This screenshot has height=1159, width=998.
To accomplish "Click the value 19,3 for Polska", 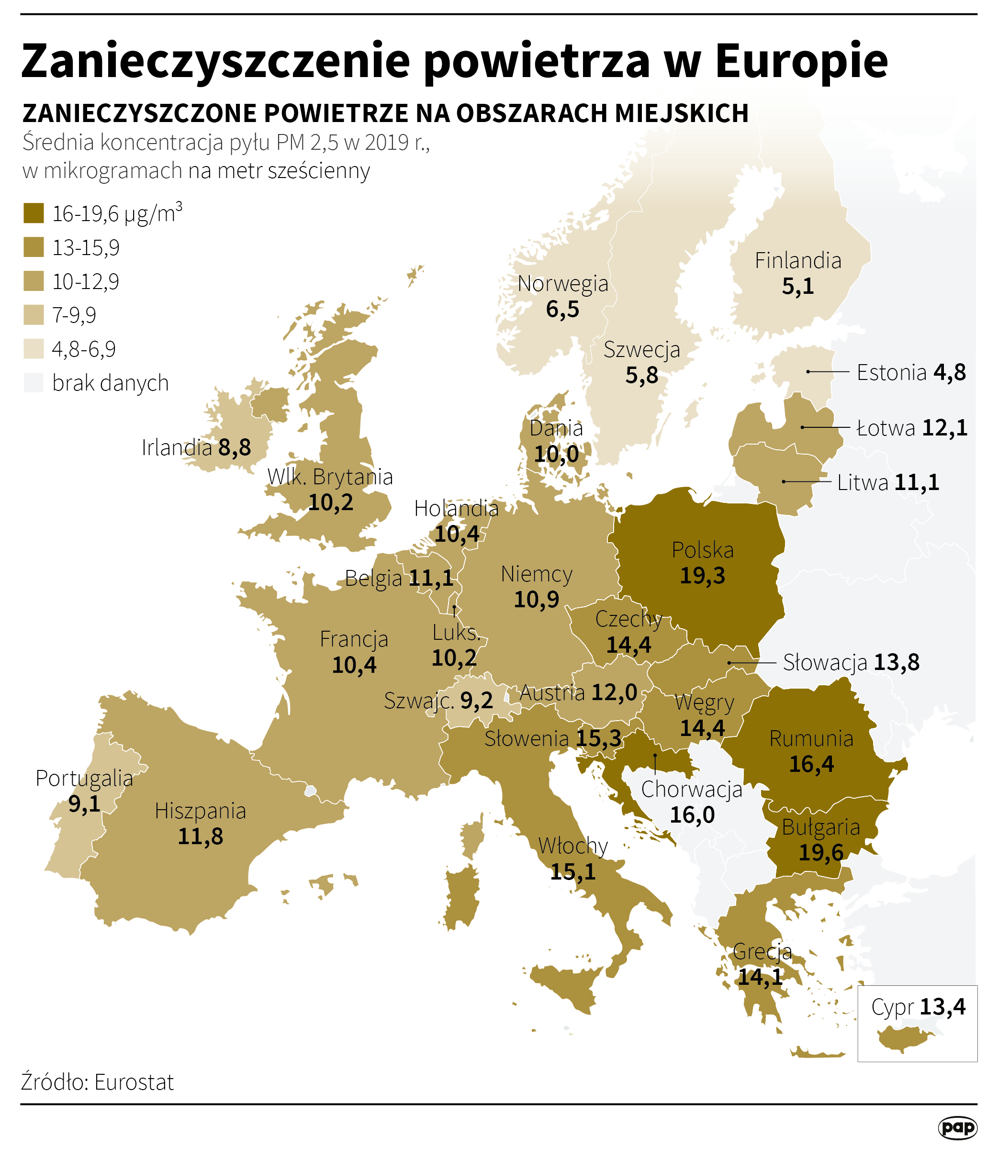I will tap(702, 576).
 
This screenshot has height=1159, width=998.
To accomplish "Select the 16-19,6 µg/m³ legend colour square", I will tap(34, 213).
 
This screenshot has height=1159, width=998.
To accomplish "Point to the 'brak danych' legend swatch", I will tap(34, 383).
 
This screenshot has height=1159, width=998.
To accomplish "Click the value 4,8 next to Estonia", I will tap(949, 372).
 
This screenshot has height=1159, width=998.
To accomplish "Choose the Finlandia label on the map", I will tap(798, 261).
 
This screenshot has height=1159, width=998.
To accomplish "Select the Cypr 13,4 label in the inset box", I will tap(918, 1007).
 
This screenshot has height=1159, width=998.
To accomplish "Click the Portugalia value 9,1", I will tap(84, 804).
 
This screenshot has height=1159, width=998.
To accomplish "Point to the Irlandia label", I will tap(176, 447).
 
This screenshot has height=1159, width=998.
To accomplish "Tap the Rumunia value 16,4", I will tap(811, 764).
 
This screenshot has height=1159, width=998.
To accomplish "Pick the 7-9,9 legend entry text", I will tap(74, 315).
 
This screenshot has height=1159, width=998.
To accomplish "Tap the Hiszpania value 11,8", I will tap(200, 836).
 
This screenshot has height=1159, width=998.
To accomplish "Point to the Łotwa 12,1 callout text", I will tap(912, 428).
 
